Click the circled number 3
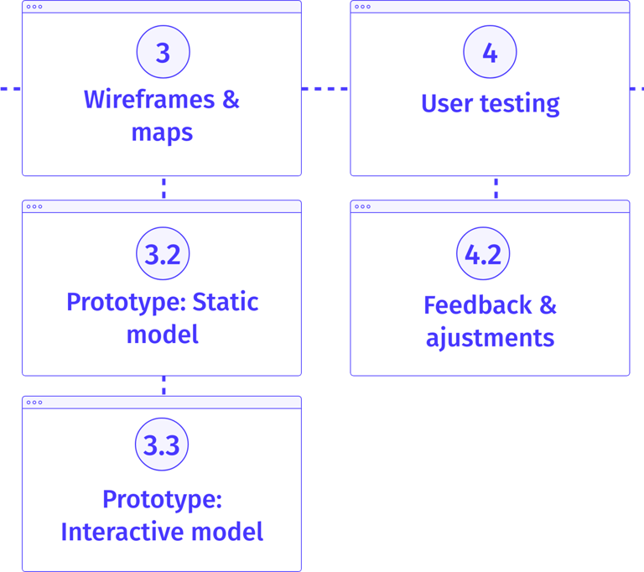163,52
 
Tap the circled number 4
490,52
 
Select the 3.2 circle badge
163,253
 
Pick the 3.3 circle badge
162,445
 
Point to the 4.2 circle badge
483,253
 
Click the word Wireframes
149,100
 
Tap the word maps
162,133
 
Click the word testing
520,103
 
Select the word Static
226,302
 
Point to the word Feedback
478,305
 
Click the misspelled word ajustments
490,338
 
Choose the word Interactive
122,532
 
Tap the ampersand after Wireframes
231,100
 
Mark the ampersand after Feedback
548,305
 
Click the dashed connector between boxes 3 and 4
325,88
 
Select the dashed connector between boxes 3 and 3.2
164,188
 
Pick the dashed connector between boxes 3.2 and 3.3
164,386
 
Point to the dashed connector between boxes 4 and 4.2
496,188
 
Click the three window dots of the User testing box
362,7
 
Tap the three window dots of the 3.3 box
34,403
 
